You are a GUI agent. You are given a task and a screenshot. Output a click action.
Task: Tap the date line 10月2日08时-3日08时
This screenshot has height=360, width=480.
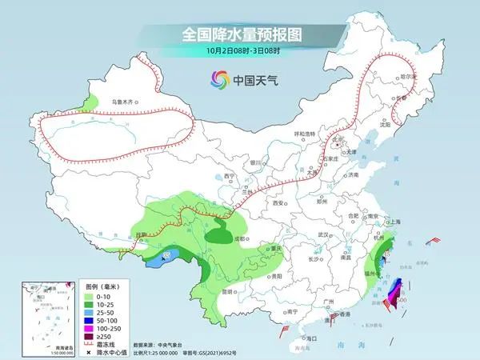tap(240, 51)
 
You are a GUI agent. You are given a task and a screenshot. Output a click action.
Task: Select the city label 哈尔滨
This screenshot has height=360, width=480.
tap(408, 76)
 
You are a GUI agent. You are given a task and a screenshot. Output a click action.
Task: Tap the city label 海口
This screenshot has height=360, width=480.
tap(302, 339)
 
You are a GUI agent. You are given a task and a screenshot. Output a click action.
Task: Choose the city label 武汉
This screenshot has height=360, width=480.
tap(323, 234)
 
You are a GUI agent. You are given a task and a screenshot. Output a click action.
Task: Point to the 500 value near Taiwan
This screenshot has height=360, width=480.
tap(402, 300)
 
